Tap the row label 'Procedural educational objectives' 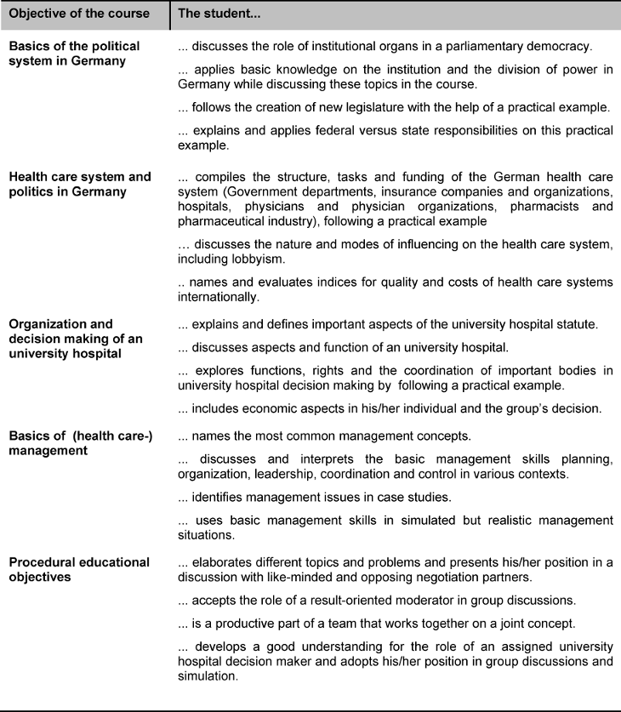click(78, 569)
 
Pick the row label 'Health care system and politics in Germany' click(79, 184)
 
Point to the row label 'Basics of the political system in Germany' click(74, 53)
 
